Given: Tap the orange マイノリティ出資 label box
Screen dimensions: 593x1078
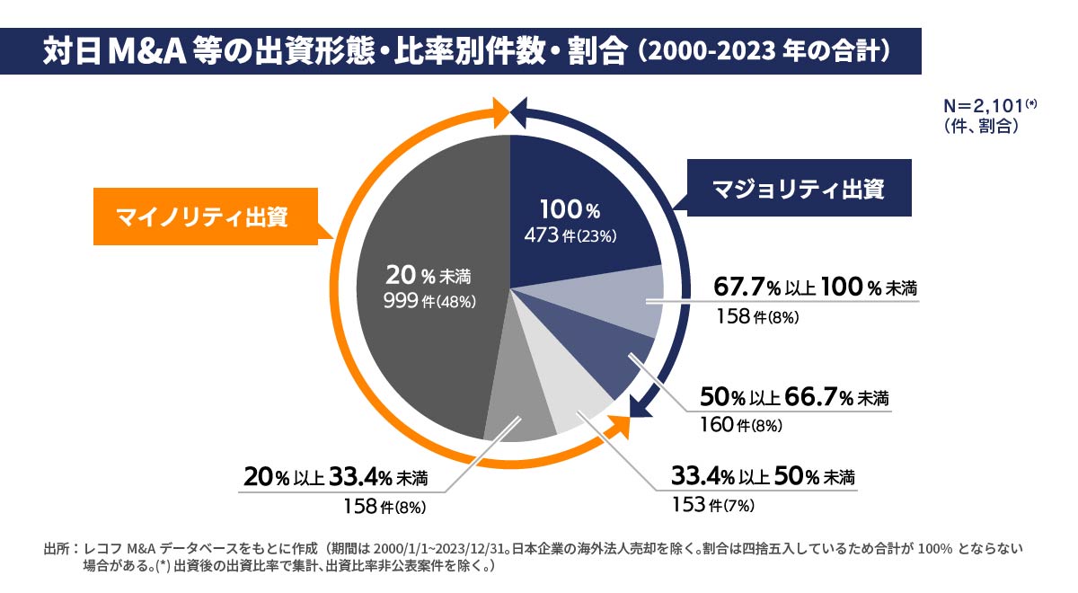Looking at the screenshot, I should point(207,217).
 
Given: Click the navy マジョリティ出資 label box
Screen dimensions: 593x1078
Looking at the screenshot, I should point(799,190).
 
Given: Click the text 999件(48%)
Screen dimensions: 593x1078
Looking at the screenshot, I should point(429,301).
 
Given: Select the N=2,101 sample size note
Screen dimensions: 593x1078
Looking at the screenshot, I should point(985,106).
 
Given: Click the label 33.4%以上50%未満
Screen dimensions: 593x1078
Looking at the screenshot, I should point(763,476).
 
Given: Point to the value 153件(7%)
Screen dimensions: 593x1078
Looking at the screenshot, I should point(712,504).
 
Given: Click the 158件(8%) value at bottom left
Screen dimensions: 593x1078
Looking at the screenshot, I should point(384,506).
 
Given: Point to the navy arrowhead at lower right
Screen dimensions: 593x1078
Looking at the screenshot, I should point(639,410).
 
